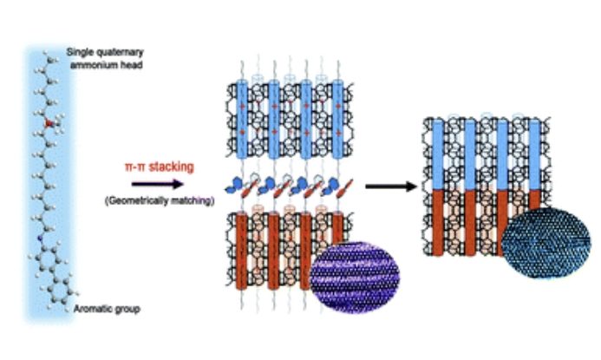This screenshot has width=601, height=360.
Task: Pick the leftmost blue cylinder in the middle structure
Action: tap(244, 117)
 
